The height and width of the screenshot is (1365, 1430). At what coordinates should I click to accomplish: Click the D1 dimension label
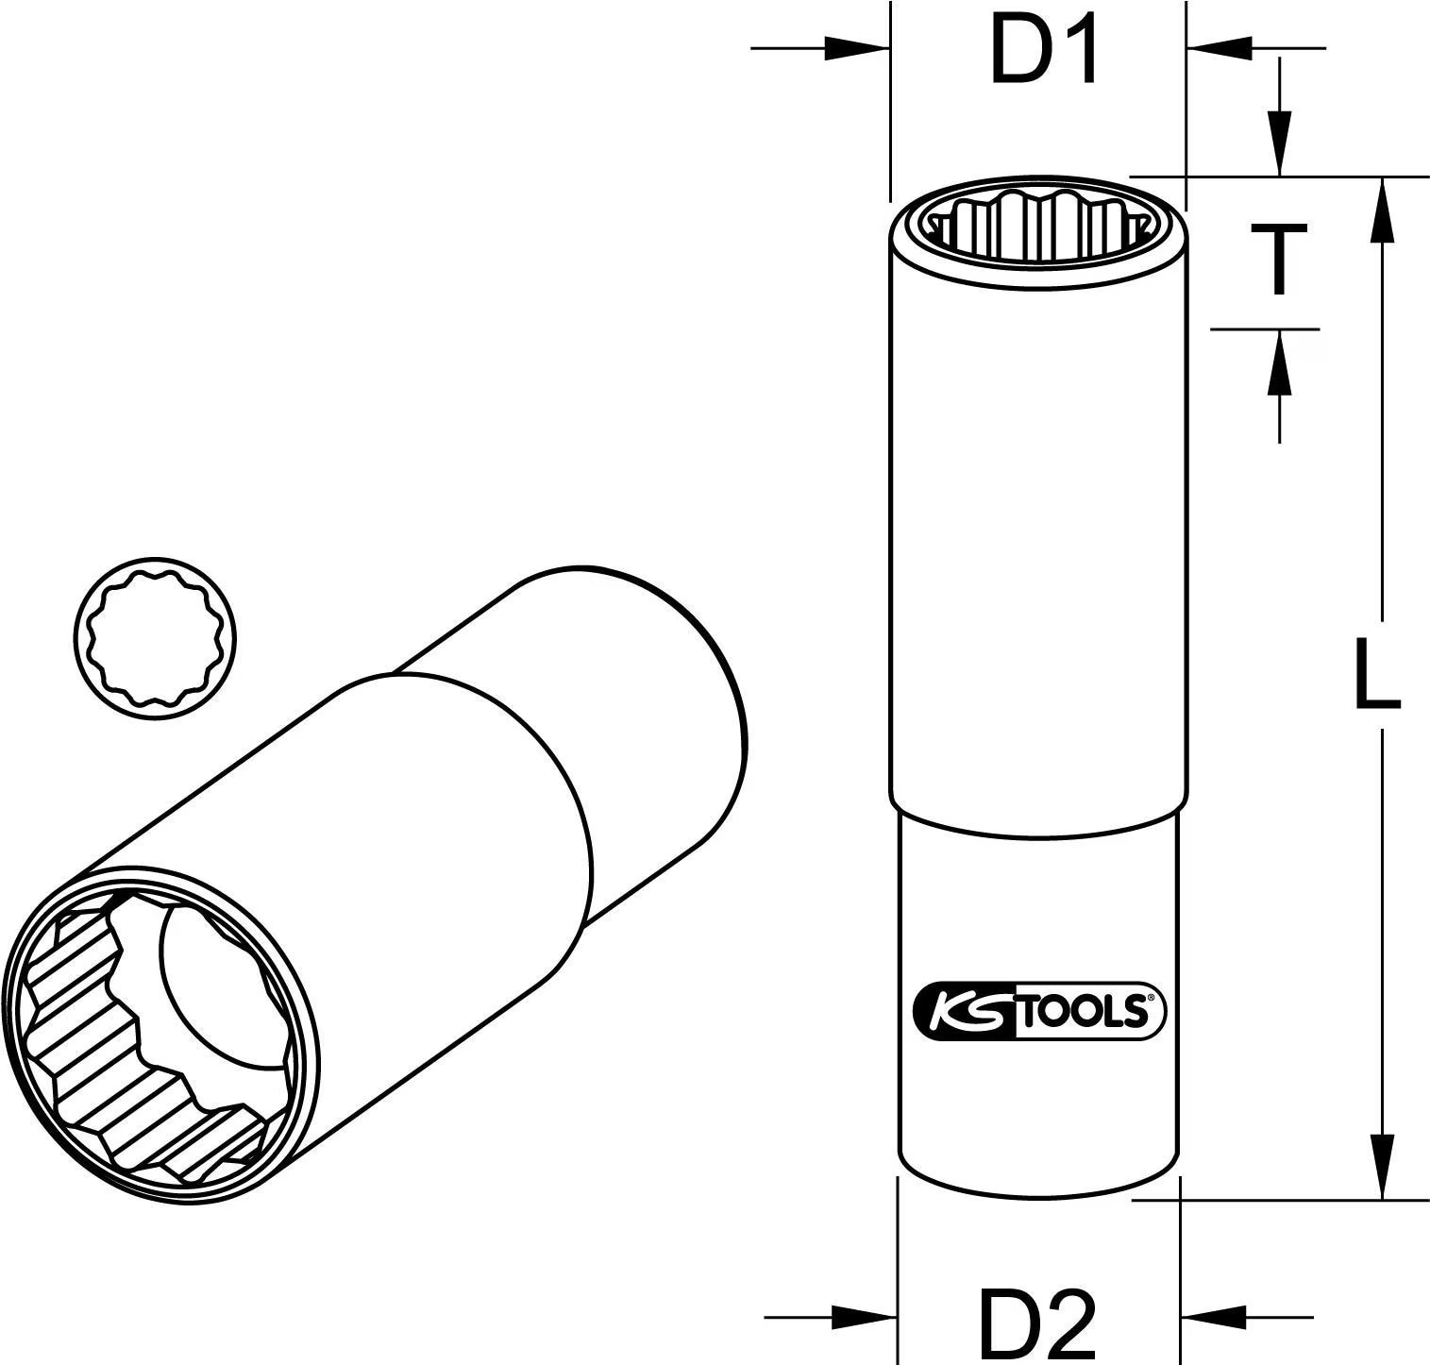click(1044, 55)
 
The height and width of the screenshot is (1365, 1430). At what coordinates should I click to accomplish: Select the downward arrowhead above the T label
click(1279, 142)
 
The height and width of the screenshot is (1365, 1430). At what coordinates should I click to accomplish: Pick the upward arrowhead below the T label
click(1279, 362)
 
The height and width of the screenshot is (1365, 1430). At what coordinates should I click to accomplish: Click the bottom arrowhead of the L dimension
click(1383, 1167)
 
